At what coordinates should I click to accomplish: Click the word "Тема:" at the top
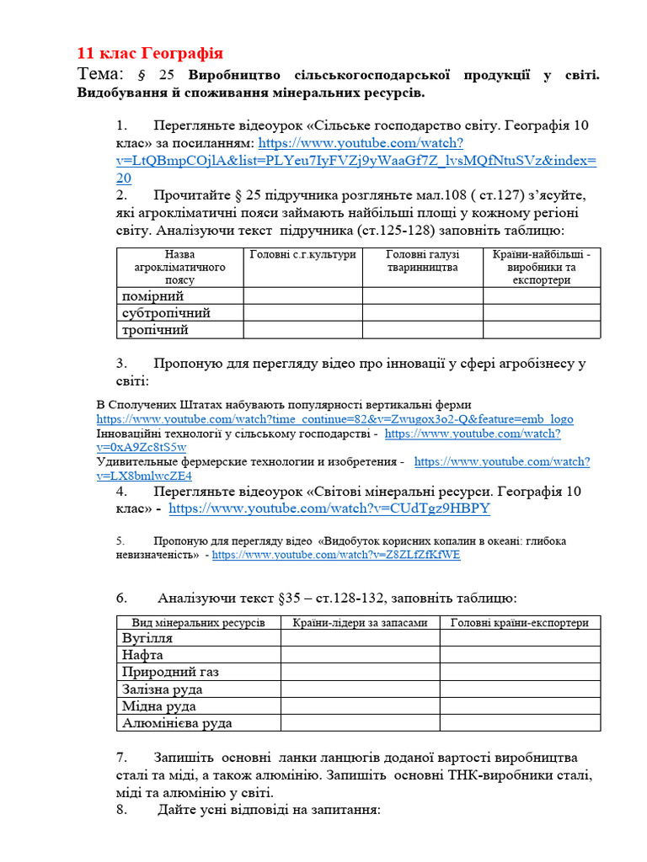point(100,74)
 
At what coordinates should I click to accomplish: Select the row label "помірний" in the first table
point(152,296)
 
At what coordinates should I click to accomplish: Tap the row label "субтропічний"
point(166,313)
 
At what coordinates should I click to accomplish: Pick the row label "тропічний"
point(155,330)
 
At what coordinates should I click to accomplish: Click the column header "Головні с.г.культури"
point(303,254)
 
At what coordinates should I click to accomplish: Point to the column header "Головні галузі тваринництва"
point(422,261)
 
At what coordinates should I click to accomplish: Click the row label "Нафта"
point(142,655)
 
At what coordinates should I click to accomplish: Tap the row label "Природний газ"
point(170,672)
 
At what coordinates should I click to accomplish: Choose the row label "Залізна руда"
point(163,689)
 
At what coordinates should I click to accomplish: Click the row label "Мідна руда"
point(159,705)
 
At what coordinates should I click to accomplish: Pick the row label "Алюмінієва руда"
point(177,722)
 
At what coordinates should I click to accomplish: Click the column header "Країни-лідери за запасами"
point(360,623)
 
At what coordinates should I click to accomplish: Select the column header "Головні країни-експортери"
point(520,623)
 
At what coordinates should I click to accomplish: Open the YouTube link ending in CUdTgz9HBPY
point(329,509)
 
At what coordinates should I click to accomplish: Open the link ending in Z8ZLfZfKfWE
point(336,556)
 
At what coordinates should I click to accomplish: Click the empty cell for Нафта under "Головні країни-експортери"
point(520,655)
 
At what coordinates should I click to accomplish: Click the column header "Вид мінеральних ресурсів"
point(199,623)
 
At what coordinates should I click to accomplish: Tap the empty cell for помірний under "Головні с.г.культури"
point(303,296)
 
